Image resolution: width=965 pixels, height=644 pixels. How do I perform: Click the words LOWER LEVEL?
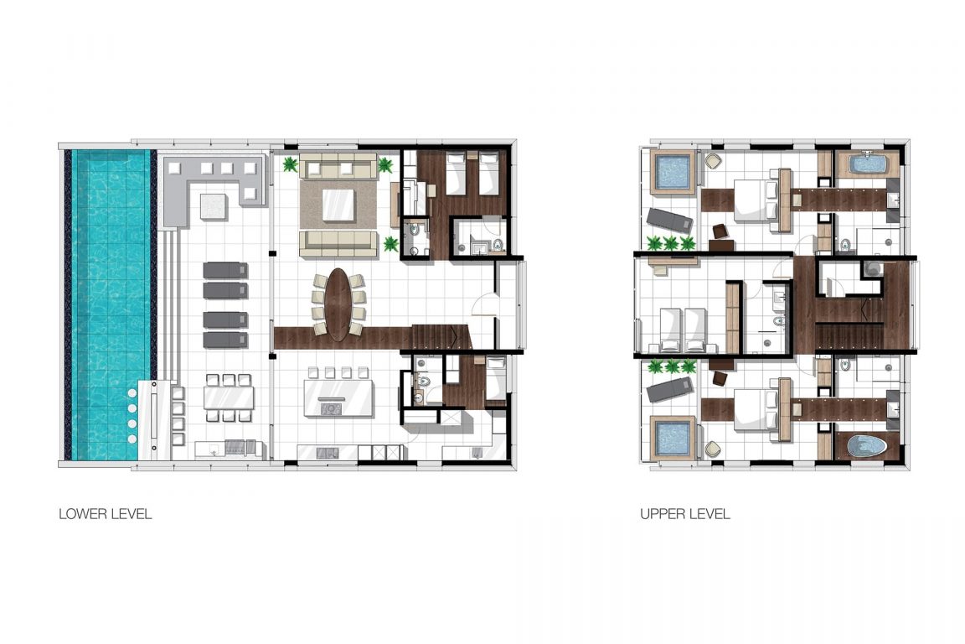point(105,514)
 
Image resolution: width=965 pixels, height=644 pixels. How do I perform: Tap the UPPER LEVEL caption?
point(684,514)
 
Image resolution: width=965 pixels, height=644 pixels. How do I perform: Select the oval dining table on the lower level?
point(338,304)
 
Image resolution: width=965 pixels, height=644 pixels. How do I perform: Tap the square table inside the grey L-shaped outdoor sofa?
point(213,204)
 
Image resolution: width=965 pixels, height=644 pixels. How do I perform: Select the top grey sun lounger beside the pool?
point(224,270)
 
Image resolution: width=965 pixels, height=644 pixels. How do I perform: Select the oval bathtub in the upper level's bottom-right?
point(866,445)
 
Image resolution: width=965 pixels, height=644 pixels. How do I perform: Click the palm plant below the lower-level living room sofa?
point(390,244)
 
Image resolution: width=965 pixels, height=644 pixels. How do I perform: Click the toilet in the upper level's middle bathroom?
point(777,321)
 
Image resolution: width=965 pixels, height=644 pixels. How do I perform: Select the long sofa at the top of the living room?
point(338,168)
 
